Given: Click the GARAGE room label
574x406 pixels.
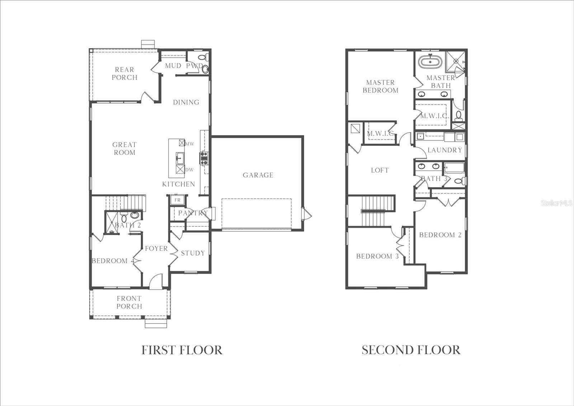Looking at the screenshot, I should [258, 175].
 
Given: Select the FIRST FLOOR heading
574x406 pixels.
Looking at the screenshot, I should [182, 350].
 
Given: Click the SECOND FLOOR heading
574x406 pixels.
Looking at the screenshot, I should [411, 350].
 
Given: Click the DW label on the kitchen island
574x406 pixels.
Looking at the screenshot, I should [189, 170].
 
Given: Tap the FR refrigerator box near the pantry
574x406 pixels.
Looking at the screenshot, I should [177, 200].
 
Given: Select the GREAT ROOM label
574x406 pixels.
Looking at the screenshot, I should [124, 148].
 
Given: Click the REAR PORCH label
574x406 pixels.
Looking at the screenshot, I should [124, 74].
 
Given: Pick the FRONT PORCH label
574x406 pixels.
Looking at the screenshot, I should [129, 302].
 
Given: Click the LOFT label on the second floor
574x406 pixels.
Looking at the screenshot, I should [380, 170].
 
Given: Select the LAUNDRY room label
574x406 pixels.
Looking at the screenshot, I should [444, 150].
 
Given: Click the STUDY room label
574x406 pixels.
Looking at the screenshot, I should [193, 253].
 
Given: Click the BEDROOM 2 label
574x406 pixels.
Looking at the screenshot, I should [440, 235].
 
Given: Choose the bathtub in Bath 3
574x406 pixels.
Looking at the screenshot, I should [454, 168].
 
